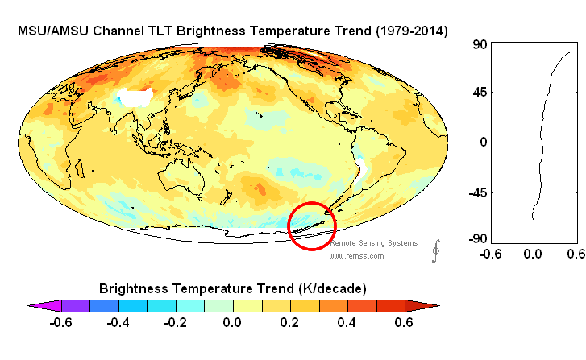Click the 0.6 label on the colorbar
coord(403,323)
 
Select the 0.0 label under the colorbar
coord(231,323)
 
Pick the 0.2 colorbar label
coord(289,323)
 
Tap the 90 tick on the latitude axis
coord(480,45)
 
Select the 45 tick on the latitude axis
coord(480,93)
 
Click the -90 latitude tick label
coord(478,239)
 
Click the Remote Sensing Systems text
coord(373,242)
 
